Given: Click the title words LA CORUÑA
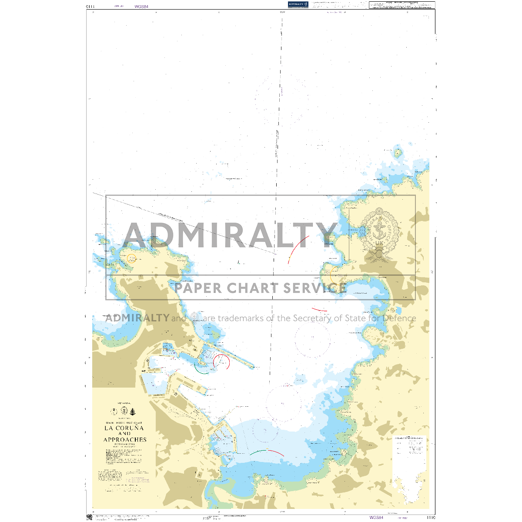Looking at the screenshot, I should point(124,428).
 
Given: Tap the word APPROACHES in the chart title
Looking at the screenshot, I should point(125,440).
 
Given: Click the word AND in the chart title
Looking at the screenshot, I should point(124,434).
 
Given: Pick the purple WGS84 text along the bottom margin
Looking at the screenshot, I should point(376,517).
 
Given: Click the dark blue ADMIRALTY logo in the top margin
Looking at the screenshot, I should point(298,4).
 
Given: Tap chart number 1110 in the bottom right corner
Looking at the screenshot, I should point(431,518).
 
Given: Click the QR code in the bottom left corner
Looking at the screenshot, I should point(90,517).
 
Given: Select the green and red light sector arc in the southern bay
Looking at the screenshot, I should point(267,452).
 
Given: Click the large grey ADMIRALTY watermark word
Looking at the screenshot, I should point(231,235).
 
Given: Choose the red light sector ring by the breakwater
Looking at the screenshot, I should point(221,362).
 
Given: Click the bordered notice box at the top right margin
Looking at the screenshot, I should point(402,5).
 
